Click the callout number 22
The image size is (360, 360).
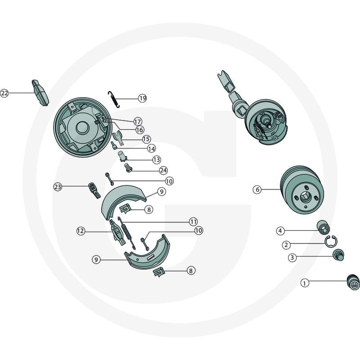click(x=4, y=93)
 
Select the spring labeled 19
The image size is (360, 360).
click(x=114, y=99)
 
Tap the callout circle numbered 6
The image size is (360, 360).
click(x=257, y=189)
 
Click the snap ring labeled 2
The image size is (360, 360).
click(x=331, y=242)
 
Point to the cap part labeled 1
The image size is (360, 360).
click(x=353, y=282)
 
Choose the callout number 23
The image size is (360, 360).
click(x=58, y=187)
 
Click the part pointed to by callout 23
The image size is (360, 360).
click(x=94, y=190)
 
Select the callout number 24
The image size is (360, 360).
click(x=163, y=171)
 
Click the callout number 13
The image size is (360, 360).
click(x=157, y=160)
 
